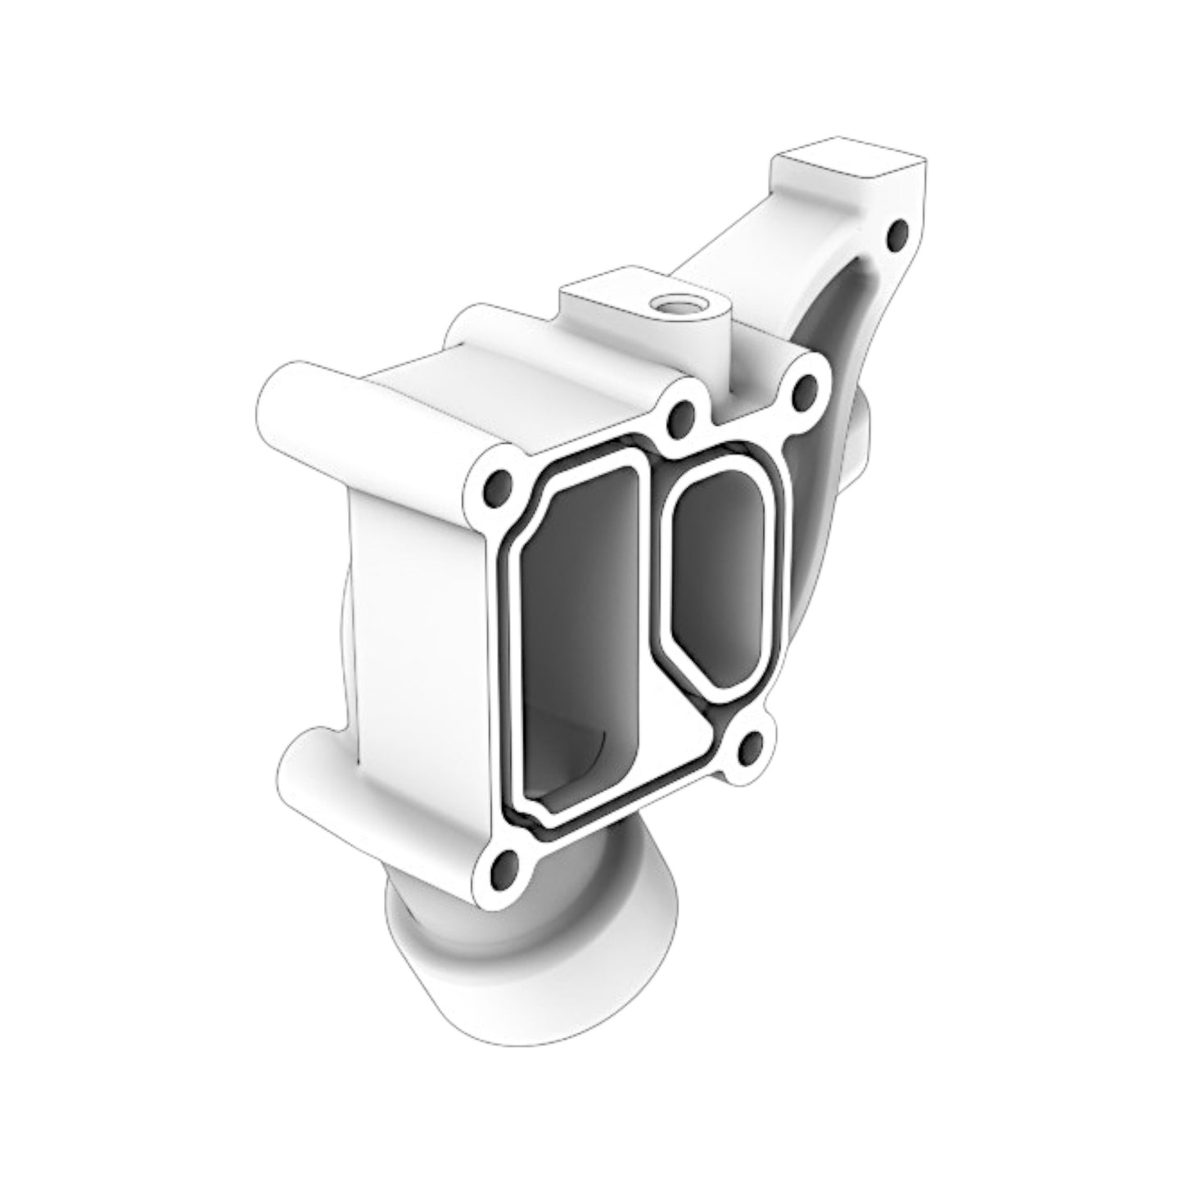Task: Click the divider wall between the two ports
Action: (651, 589)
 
